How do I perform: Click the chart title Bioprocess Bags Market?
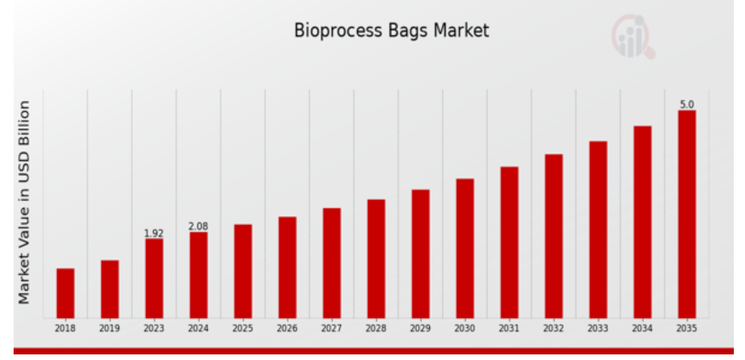click(x=391, y=30)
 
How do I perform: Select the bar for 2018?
click(x=65, y=293)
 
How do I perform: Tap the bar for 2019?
click(x=110, y=290)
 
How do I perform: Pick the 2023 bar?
click(x=154, y=278)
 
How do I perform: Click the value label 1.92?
click(x=154, y=233)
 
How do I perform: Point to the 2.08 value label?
click(x=198, y=226)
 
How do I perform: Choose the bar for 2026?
click(x=287, y=267)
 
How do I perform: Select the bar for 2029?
click(x=420, y=254)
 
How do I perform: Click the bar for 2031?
click(x=509, y=242)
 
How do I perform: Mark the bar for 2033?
click(x=599, y=230)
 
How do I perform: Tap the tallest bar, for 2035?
click(x=687, y=214)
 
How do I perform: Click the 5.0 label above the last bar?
click(x=687, y=105)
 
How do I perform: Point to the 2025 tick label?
click(x=242, y=329)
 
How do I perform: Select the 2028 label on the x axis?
click(x=376, y=329)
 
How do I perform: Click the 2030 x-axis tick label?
click(x=465, y=329)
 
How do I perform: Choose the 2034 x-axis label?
click(x=643, y=329)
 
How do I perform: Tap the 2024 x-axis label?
click(x=198, y=329)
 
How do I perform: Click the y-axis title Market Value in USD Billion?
click(x=24, y=202)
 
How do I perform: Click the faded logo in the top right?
click(x=633, y=37)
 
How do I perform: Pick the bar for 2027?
click(x=331, y=263)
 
